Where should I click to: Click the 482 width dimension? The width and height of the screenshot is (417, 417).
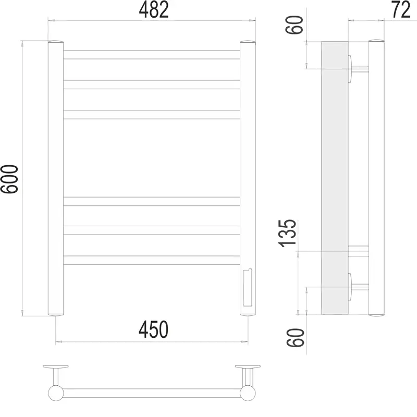(x=154, y=10)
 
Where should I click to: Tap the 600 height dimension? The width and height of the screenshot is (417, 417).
(x=9, y=179)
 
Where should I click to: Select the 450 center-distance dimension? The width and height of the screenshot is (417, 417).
(x=153, y=329)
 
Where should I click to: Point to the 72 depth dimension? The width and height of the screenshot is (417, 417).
(x=401, y=10)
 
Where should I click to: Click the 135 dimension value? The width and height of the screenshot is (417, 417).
(x=287, y=233)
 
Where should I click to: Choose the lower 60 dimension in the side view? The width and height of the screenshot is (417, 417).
(x=295, y=337)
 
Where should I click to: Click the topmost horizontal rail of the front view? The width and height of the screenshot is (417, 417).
(x=152, y=55)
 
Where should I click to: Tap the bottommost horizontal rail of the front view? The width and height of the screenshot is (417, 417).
(x=152, y=260)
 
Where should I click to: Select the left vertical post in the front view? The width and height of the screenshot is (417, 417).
(x=56, y=178)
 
